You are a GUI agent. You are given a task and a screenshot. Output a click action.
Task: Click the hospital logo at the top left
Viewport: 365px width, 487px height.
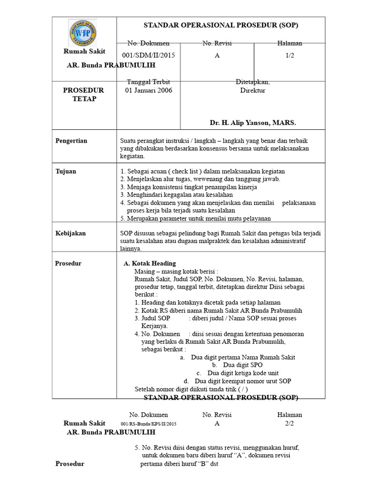[83, 33]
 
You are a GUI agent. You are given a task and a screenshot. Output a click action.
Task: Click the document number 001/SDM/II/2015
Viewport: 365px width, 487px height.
[149, 55]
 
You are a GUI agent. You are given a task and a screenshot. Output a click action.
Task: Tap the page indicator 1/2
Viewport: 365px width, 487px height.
[289, 55]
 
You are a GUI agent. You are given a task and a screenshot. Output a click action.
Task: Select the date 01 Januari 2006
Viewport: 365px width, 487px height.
[149, 90]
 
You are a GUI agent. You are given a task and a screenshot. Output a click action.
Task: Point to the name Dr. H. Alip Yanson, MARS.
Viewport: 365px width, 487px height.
[253, 123]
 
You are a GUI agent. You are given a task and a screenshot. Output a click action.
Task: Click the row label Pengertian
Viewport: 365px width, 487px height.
[71, 141]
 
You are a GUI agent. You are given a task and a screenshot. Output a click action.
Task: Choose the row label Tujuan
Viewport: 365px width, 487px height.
[66, 171]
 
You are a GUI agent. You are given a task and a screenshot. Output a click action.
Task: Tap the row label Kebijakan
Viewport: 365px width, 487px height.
[71, 234]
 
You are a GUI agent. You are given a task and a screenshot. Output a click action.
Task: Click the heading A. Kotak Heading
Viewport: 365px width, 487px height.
[150, 263]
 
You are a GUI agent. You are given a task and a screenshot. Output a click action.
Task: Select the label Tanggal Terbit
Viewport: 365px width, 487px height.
[148, 81]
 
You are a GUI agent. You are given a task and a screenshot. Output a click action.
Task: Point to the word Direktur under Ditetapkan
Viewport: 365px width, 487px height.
[252, 90]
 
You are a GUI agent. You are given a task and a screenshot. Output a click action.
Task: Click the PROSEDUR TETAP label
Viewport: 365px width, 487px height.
[84, 94]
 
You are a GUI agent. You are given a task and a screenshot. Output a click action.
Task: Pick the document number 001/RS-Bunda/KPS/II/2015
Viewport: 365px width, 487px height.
[148, 423]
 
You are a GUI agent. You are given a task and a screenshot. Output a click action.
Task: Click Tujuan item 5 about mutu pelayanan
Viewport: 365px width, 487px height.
[195, 218]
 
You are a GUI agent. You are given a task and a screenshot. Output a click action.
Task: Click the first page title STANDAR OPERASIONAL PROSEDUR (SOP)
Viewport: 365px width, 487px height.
[221, 25]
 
